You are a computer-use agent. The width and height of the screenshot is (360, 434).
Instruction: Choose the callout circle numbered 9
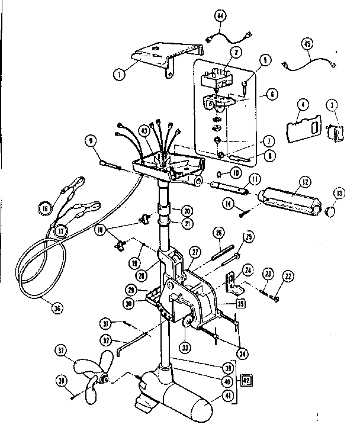91,141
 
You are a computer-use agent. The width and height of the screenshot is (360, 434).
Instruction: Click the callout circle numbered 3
333,105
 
